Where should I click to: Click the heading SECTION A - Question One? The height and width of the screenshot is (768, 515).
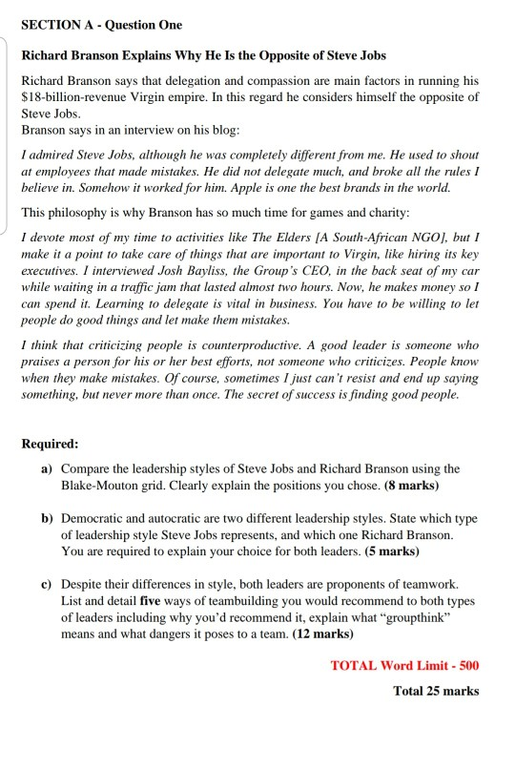(101, 24)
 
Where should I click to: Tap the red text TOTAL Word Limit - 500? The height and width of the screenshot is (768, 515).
(403, 665)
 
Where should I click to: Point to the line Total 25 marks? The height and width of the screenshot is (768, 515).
(435, 691)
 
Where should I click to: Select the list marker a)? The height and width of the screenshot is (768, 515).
(46, 469)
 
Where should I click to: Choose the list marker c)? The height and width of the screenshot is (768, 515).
(46, 583)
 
